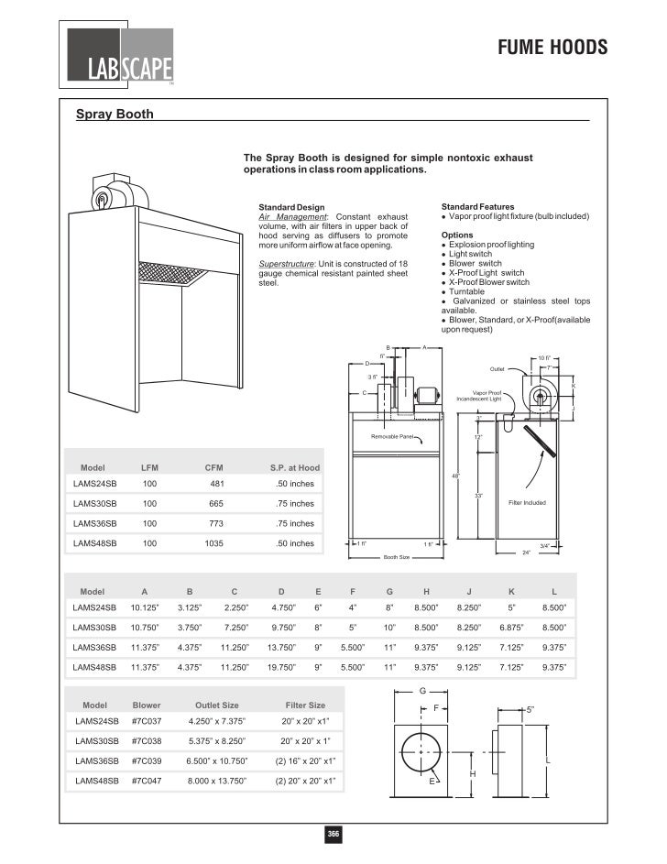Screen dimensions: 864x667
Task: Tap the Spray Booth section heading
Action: pos(114,115)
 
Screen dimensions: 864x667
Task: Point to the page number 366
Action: pos(334,834)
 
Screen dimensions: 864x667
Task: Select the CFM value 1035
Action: pos(216,543)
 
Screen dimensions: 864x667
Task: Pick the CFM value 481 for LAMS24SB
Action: pos(217,483)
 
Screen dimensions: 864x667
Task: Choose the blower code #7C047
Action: pos(147,781)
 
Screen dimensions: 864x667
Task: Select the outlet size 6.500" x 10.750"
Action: pos(217,760)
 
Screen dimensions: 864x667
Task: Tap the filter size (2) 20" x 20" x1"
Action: pos(305,781)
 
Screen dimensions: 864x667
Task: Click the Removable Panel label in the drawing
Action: pos(393,437)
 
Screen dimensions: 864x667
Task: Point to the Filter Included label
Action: pos(527,502)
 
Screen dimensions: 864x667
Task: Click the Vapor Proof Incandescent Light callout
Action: pos(479,396)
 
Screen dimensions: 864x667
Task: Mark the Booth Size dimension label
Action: pos(396,556)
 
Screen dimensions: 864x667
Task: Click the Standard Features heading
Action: pos(477,207)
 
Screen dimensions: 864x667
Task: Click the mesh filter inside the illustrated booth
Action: pos(170,273)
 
